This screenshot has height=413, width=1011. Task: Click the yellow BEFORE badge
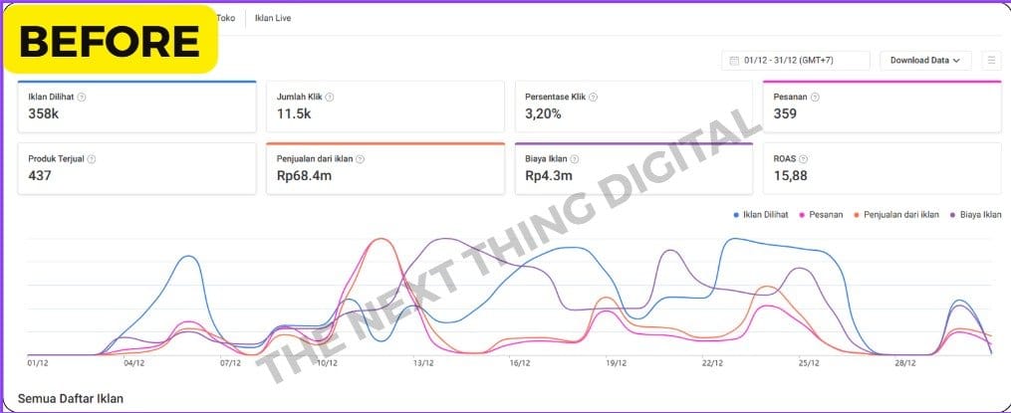click(x=110, y=40)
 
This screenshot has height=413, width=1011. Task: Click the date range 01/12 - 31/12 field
click(x=795, y=61)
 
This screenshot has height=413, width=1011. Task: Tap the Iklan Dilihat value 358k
click(x=44, y=113)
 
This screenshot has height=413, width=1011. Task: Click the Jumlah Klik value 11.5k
click(x=294, y=113)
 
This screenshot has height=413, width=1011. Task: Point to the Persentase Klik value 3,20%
click(x=543, y=113)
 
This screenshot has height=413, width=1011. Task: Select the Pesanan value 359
click(x=786, y=113)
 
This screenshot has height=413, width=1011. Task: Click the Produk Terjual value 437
click(x=40, y=175)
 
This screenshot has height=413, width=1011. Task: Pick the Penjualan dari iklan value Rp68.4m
click(x=304, y=175)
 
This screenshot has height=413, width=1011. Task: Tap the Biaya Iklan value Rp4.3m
click(x=547, y=175)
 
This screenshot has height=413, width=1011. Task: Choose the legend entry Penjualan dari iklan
click(x=900, y=214)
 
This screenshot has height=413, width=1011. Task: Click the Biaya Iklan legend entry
click(x=978, y=214)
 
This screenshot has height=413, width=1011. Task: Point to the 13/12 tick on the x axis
click(x=422, y=363)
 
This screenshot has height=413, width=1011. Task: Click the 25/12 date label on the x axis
click(x=808, y=363)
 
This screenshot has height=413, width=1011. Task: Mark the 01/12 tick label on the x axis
click(x=38, y=363)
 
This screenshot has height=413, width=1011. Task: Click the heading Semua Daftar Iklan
click(x=70, y=398)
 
